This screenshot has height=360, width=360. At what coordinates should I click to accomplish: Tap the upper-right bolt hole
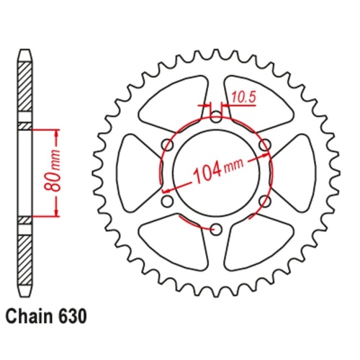point(264,144)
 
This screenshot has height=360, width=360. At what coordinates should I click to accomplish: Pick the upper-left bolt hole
point(166,144)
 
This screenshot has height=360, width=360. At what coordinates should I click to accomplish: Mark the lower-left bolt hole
point(166,201)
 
